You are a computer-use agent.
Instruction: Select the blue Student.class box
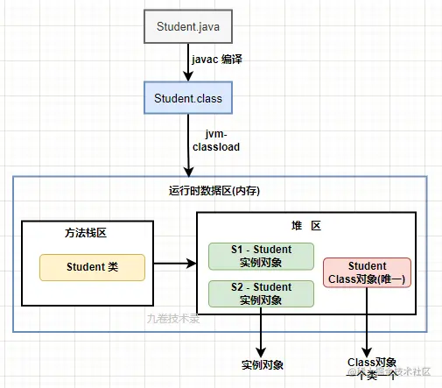coord(188,98)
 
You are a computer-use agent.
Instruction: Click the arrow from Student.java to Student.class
coord(188,63)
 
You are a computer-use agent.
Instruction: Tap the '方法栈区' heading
coord(85,233)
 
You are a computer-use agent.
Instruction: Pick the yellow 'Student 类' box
coord(92,267)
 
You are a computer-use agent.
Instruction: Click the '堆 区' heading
coord(305,225)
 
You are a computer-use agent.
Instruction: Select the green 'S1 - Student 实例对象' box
coord(261,256)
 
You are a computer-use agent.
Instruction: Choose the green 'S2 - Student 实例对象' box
coord(261,293)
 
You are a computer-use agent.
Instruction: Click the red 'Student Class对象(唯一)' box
coord(367,272)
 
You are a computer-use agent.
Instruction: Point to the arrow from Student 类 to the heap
coord(176,262)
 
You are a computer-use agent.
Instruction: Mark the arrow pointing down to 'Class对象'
coord(366,328)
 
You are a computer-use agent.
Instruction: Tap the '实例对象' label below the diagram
coord(262,363)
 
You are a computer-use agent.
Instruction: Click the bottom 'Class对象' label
coord(372,362)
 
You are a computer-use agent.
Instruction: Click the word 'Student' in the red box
coord(367,266)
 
